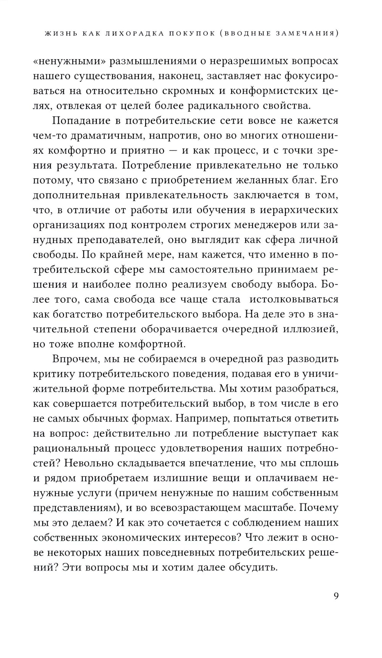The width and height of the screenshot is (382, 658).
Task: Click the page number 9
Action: [336, 596]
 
